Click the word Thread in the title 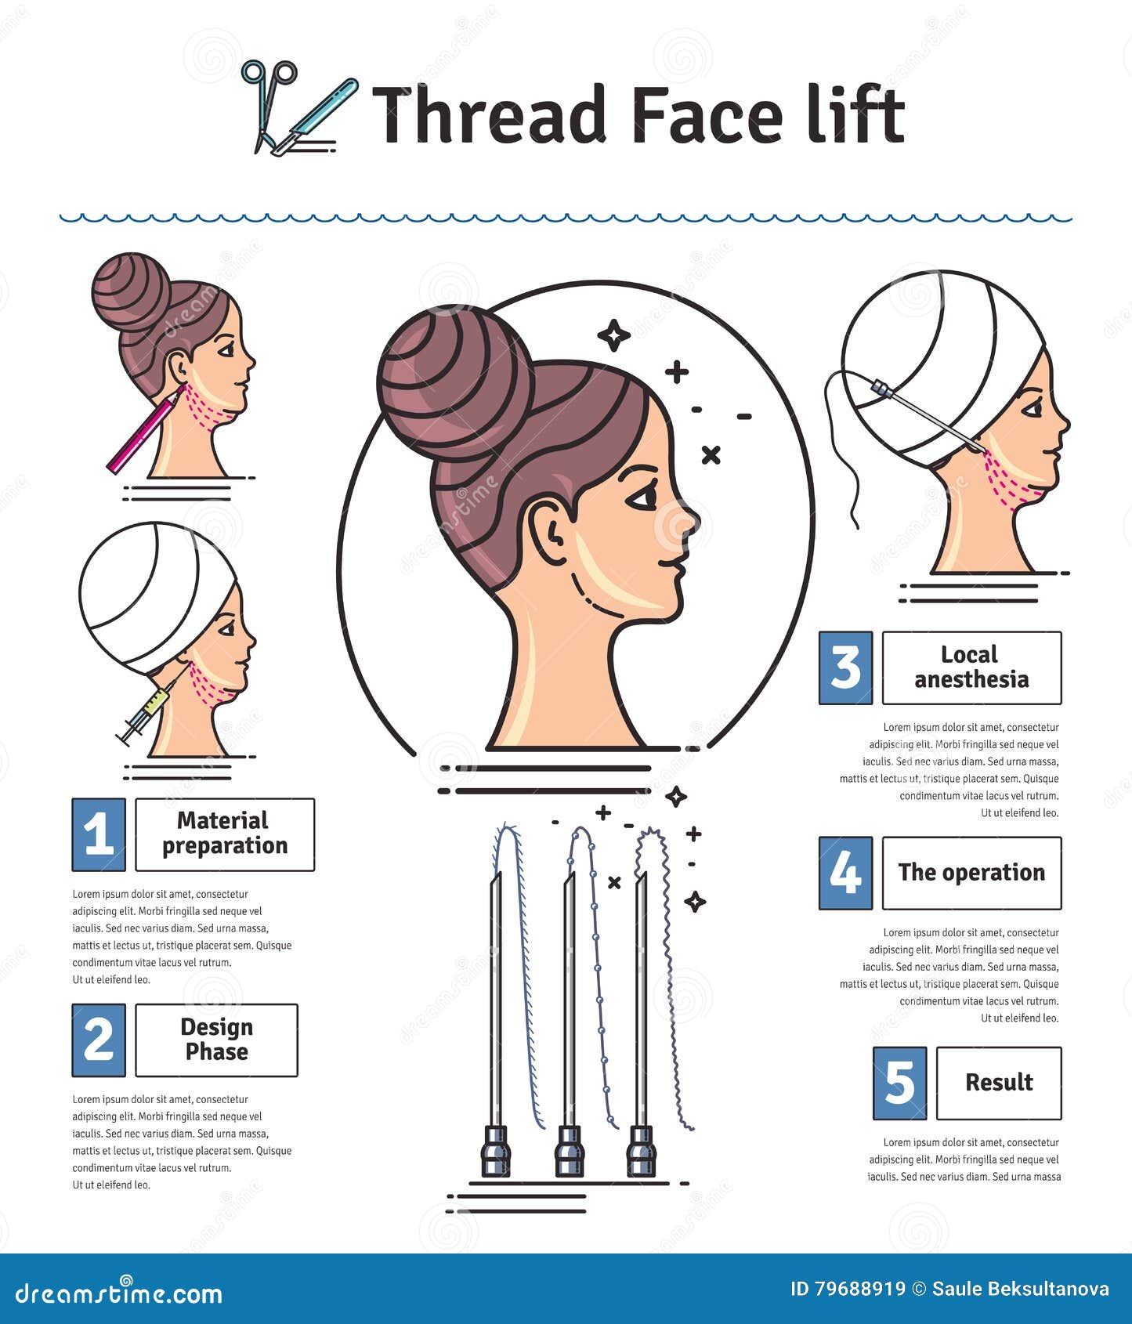click(x=490, y=116)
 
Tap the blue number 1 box click(x=99, y=834)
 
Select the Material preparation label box click(x=225, y=834)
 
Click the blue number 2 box click(x=99, y=1040)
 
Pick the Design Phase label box click(x=216, y=1040)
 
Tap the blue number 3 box click(x=845, y=667)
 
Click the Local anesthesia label click(x=971, y=667)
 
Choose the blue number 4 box click(x=845, y=873)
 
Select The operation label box click(x=971, y=873)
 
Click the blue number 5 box click(x=899, y=1083)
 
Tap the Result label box click(x=999, y=1083)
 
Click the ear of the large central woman click(x=550, y=533)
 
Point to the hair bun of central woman click(x=454, y=384)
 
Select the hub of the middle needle click(x=570, y=1151)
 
